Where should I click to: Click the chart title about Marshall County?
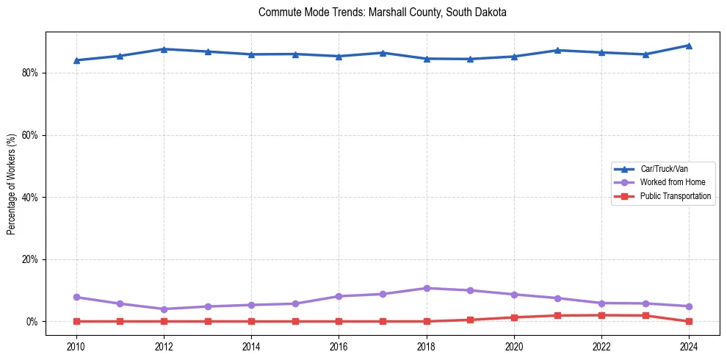point(383,12)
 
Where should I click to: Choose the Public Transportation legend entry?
point(675,196)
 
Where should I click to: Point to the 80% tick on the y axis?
point(32,73)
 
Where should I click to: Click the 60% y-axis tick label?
point(32,135)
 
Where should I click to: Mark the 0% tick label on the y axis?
point(34,322)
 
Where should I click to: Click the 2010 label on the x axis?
point(76,346)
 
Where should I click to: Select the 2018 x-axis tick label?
point(427,346)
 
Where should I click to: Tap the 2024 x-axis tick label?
point(689,346)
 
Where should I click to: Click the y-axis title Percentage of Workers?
point(12,184)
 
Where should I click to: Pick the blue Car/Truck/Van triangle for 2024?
point(689,46)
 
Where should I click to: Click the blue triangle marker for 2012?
point(164,49)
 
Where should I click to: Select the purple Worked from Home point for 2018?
point(427,288)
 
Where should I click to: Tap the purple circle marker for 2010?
point(76,298)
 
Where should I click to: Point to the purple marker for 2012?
point(164,309)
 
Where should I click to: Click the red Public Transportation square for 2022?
point(601,315)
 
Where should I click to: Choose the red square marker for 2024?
point(689,321)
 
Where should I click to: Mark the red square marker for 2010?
point(76,321)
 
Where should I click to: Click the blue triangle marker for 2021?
point(557,50)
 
